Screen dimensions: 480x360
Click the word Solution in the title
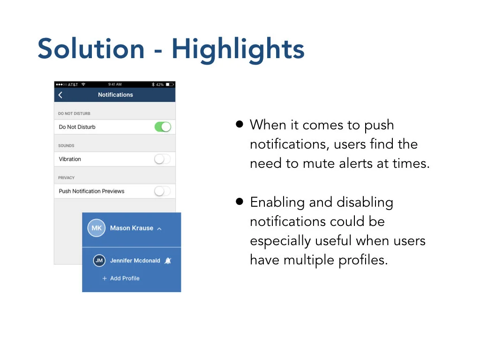[x=91, y=49]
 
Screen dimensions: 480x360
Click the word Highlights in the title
[x=238, y=50]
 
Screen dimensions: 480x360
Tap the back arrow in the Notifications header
[x=60, y=95]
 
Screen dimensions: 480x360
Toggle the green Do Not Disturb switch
[x=163, y=127]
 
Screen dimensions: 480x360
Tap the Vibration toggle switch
[x=163, y=159]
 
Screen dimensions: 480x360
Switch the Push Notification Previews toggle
[x=163, y=191]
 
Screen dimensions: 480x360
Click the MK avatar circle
[x=97, y=228]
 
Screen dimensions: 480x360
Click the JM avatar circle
[x=99, y=261]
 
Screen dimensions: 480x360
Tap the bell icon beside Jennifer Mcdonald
[x=168, y=261]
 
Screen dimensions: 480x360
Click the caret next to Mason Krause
[x=159, y=229]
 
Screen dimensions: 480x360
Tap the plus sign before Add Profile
[x=105, y=278]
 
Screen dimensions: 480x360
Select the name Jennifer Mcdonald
[x=135, y=261]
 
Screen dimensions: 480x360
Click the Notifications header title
[x=115, y=95]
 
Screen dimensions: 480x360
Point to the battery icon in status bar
[x=170, y=84]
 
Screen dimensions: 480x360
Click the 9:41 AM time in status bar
[x=115, y=84]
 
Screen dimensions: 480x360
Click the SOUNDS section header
[x=66, y=146]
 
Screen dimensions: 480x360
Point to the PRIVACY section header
[x=67, y=178]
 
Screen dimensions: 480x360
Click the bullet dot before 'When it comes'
[x=240, y=124]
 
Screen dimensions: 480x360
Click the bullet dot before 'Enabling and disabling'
[x=240, y=202]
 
